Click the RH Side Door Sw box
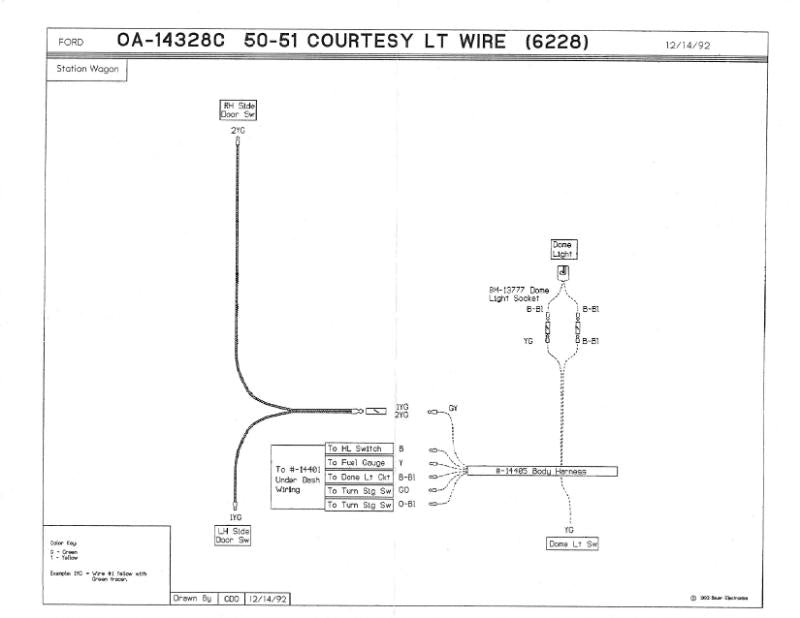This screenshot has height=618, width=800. pos(232,110)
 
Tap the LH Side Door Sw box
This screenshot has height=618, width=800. pos(233,535)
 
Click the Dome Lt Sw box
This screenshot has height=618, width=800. pos(571,543)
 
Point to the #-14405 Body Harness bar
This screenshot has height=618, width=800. pos(541,471)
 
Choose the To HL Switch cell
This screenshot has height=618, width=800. pos(354,450)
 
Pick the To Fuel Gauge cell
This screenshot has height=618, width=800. pos(354,464)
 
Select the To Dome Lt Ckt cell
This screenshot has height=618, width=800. pos(354,478)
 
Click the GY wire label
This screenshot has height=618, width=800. pos(453,409)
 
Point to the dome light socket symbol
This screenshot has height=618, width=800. pos(563,270)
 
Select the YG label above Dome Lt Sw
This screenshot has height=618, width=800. pos(569,529)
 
